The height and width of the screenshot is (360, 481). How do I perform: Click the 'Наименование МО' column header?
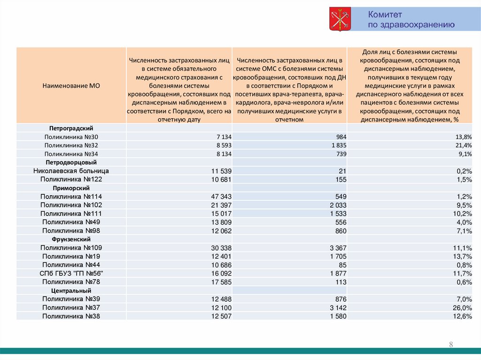(x=71, y=85)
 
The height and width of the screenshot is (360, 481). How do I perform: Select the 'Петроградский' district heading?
(x=71, y=128)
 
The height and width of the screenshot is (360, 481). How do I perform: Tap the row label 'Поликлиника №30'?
(x=71, y=137)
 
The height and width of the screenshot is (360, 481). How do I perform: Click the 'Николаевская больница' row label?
(x=71, y=171)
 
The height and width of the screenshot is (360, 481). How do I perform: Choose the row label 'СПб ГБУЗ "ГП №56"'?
(x=71, y=274)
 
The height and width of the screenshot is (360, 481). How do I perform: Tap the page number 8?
(x=451, y=345)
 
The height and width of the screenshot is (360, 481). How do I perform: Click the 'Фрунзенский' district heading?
(x=71, y=239)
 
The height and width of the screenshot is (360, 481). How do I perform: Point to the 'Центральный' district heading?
(x=71, y=291)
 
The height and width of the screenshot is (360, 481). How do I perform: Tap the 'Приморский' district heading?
(x=71, y=188)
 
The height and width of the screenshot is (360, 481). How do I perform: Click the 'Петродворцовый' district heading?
(x=71, y=162)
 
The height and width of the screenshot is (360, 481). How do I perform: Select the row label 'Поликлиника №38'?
(x=71, y=316)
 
